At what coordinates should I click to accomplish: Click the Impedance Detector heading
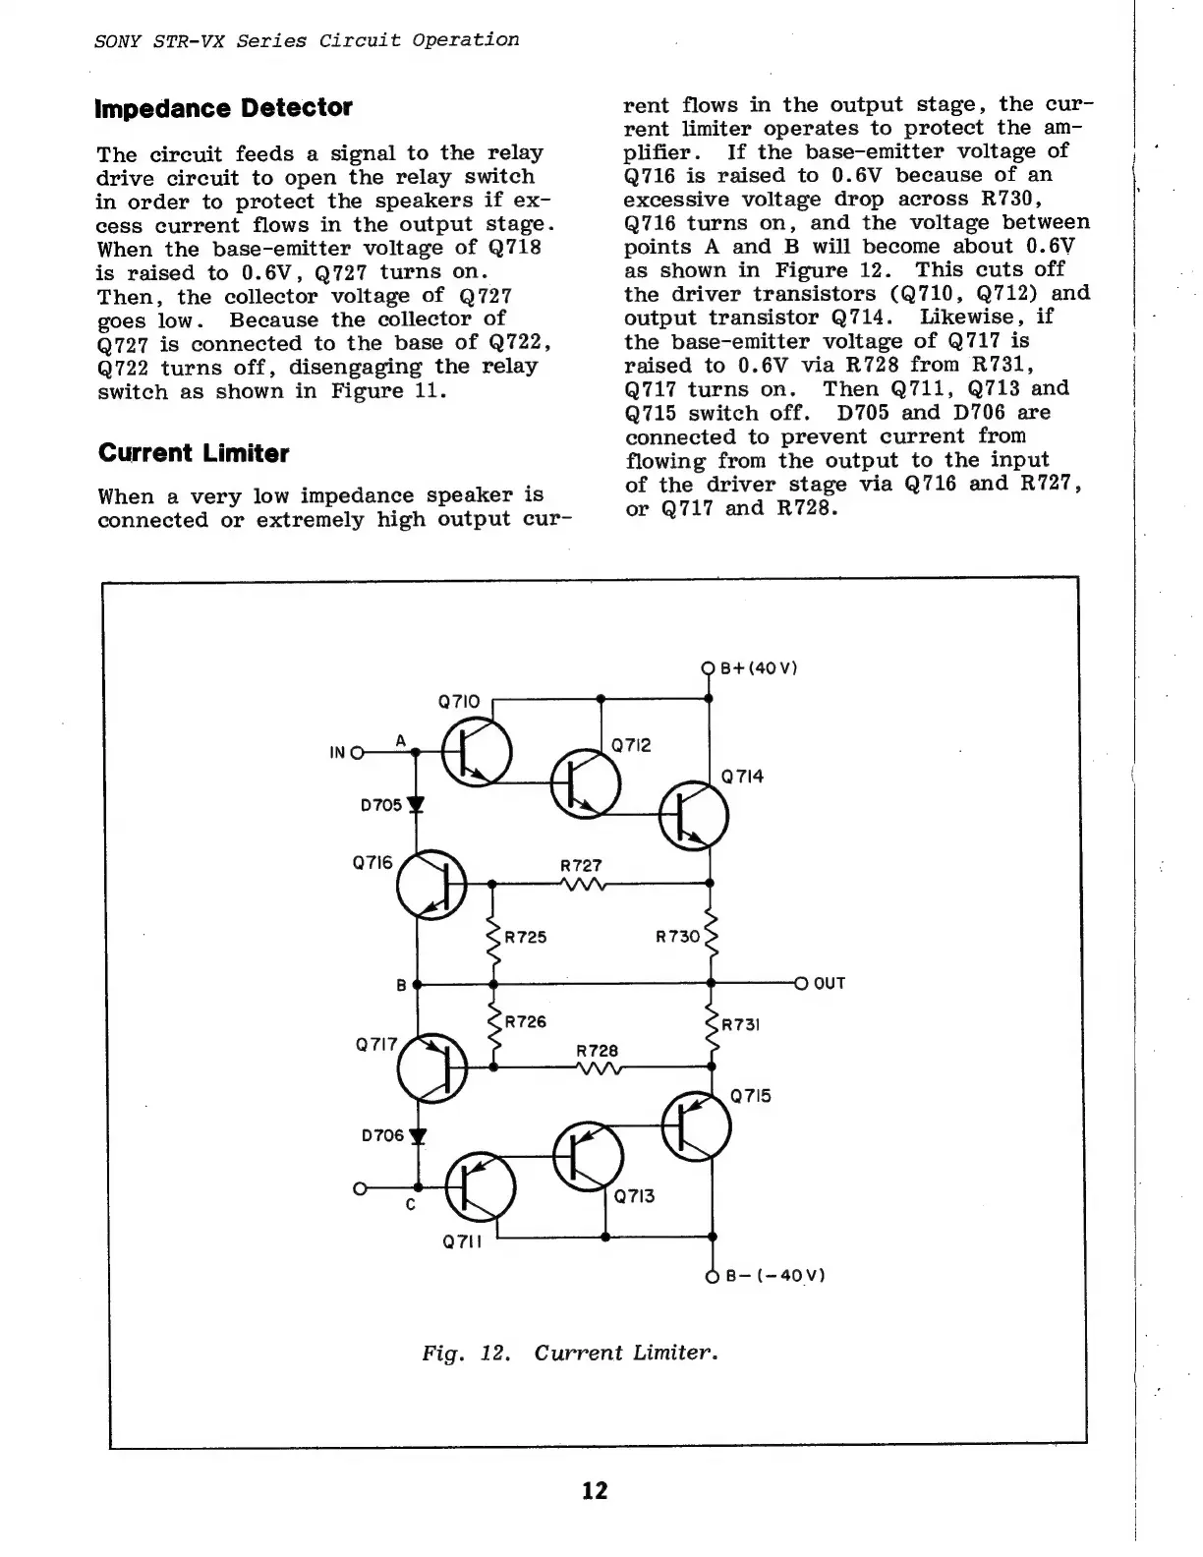(223, 108)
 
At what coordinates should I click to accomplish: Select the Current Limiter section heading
(194, 453)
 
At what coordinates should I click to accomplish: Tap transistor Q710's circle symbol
(477, 753)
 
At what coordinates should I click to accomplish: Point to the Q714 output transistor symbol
(694, 816)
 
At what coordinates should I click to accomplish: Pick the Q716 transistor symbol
(431, 885)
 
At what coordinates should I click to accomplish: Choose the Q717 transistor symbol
(432, 1068)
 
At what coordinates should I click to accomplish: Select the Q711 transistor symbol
(480, 1187)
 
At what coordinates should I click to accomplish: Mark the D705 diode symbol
(416, 805)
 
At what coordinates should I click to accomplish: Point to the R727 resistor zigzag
(582, 883)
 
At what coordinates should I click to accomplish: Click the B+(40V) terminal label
(759, 668)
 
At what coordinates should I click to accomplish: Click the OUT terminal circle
(801, 983)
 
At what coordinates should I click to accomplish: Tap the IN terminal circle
(357, 753)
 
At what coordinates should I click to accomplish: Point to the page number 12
(595, 1491)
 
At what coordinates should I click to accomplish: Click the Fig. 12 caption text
(570, 1353)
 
